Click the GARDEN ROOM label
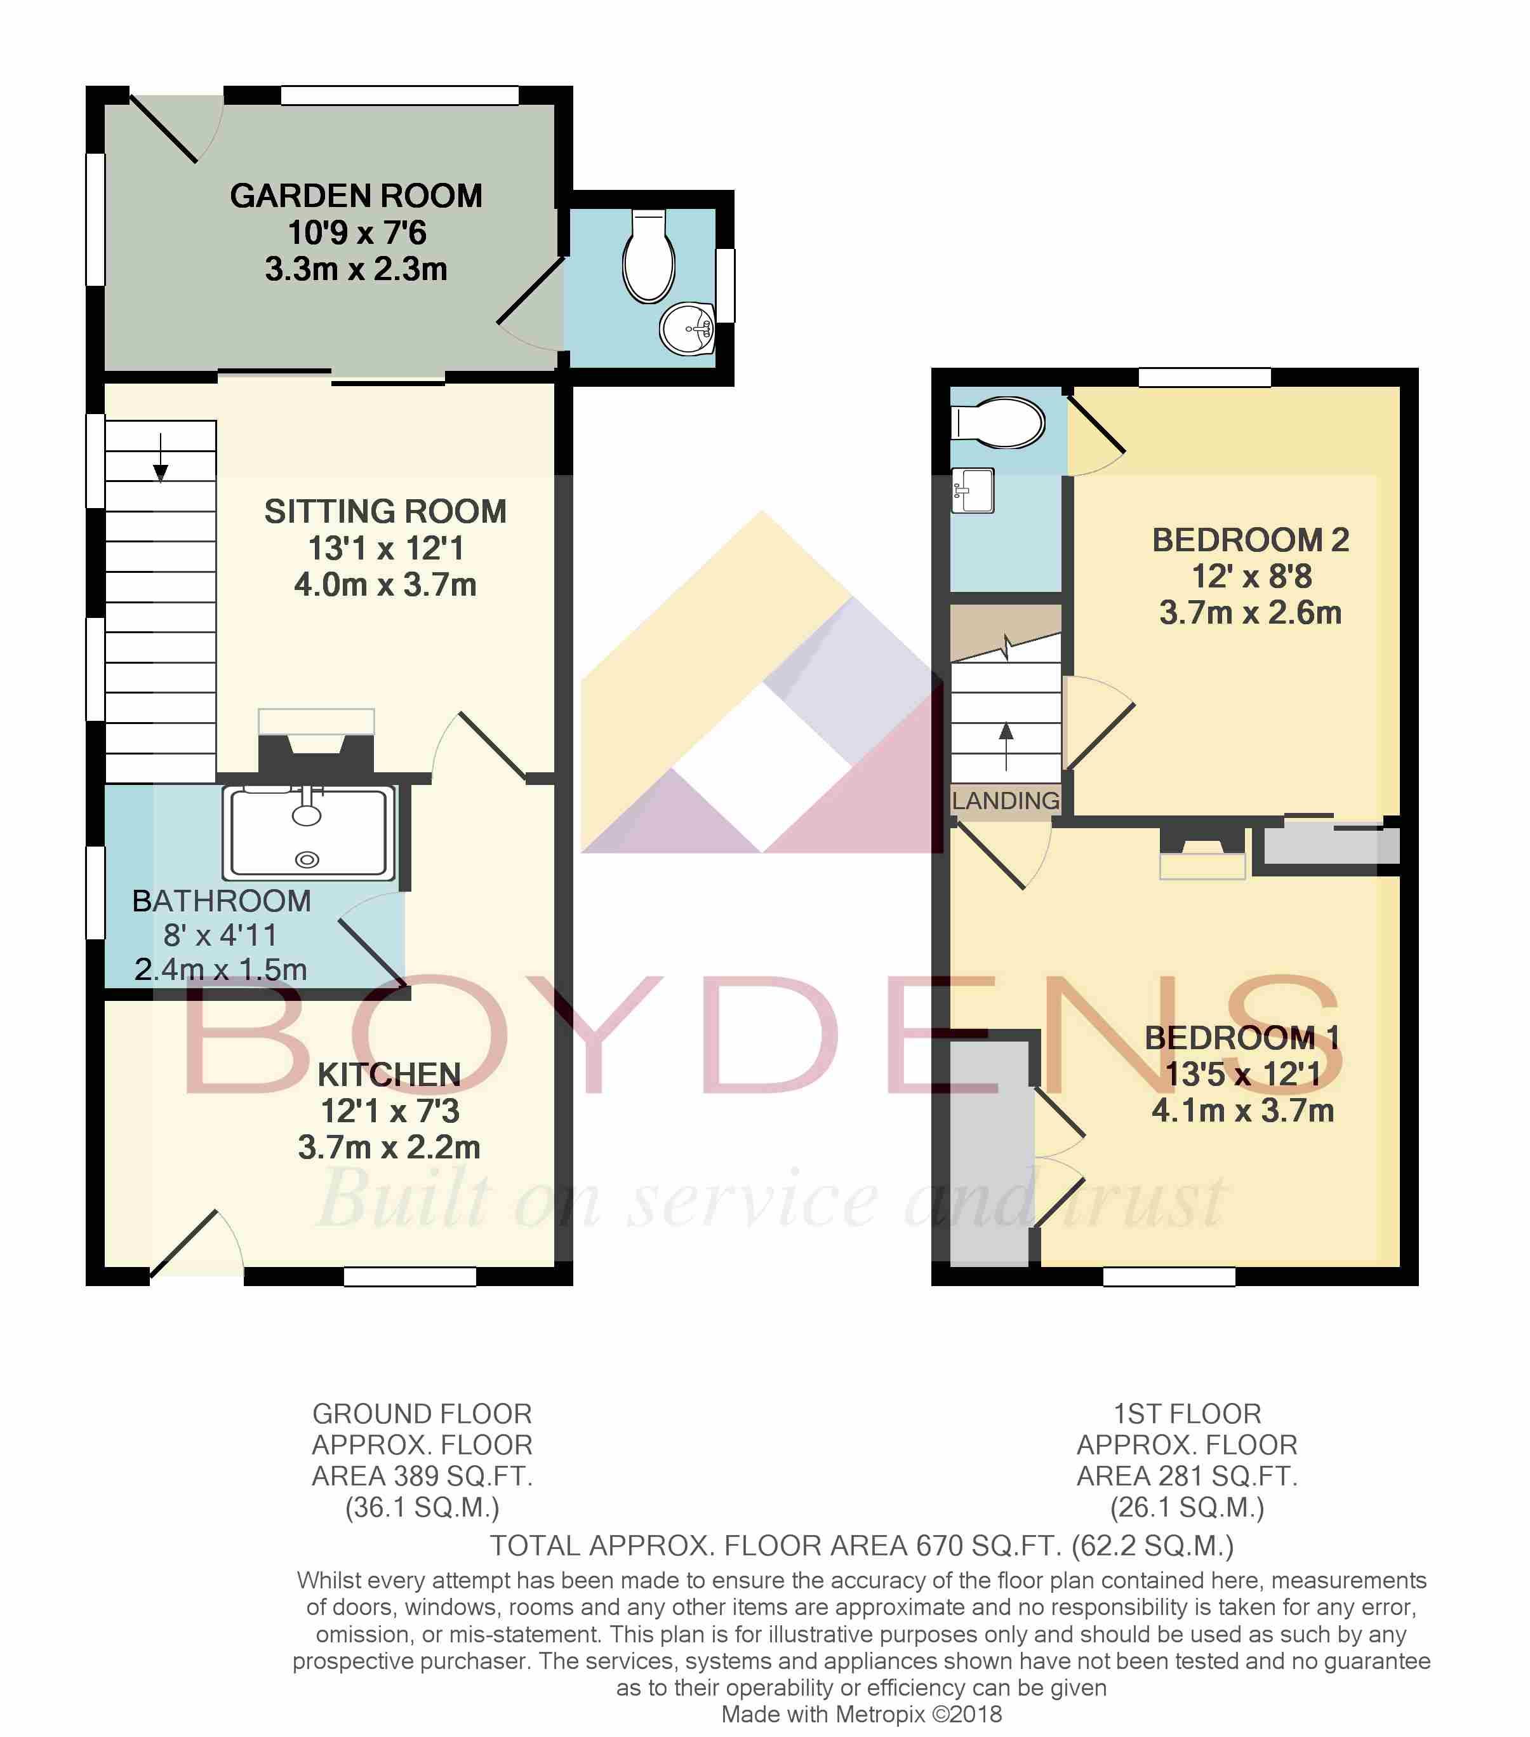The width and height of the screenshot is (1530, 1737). click(356, 196)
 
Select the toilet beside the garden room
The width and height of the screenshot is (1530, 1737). click(648, 256)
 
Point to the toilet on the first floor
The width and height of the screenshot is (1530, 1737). click(997, 422)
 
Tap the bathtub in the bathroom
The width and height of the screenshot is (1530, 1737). click(309, 833)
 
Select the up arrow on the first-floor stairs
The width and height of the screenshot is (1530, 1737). click(1006, 746)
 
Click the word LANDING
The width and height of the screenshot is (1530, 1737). click(1006, 800)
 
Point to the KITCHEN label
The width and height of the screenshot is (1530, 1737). click(389, 1075)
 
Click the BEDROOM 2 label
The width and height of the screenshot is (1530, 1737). click(1251, 540)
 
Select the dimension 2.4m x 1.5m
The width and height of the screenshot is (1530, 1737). click(221, 970)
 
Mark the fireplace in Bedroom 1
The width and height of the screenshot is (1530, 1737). click(1202, 850)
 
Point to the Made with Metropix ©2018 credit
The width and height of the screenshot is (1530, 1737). click(861, 1714)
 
